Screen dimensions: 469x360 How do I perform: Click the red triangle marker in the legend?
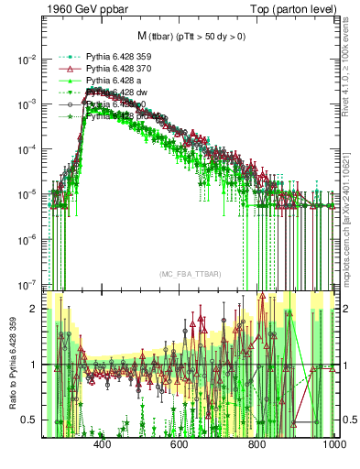pos(64,69)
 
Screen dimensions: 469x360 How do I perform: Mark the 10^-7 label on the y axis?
pos(28,284)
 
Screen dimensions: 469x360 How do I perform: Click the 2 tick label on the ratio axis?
pos(36,309)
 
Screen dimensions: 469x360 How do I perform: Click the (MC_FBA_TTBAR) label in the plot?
pos(190,275)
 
